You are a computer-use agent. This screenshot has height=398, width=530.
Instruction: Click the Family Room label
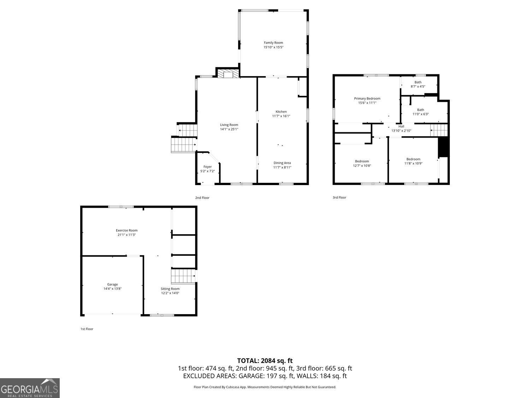point(273,43)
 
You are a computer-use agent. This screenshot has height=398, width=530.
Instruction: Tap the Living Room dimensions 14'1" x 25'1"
point(229,129)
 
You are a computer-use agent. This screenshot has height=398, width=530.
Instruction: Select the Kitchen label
point(281,112)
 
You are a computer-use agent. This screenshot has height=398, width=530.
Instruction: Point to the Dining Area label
point(282,163)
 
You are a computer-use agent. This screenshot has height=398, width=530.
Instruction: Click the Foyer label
point(207,167)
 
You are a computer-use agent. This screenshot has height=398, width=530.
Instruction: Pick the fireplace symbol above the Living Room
point(228,74)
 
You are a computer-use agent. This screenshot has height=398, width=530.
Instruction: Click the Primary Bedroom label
point(367,99)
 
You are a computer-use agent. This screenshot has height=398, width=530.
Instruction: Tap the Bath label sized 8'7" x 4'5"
point(418,82)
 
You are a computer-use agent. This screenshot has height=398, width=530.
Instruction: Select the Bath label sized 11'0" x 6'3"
point(420,110)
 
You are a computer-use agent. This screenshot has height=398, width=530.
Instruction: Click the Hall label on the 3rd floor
point(401,126)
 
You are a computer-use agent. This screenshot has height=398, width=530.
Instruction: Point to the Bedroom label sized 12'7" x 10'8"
point(362,161)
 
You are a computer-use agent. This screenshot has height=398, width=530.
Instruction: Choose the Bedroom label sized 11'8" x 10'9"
point(413,159)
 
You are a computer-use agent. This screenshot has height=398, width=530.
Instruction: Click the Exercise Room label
point(126,231)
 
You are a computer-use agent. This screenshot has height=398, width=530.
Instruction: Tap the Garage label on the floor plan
point(112,284)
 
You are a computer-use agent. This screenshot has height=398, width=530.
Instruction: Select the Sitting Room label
point(170,289)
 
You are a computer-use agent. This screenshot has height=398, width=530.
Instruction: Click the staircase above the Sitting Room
point(183,276)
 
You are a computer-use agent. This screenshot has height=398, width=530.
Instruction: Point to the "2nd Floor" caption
point(202,198)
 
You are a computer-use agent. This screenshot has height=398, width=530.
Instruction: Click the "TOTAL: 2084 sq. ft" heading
point(265,361)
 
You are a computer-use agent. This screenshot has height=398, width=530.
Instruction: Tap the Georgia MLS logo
point(30,388)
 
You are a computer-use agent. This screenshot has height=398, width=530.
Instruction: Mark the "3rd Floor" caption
point(340,197)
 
